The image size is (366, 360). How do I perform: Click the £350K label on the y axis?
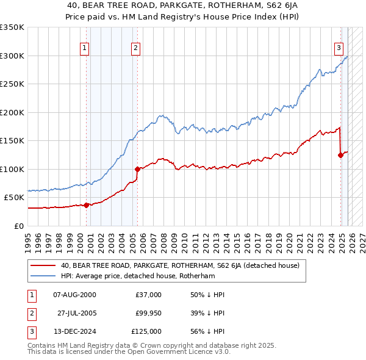pos(12,27)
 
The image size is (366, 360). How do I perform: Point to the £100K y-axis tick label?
pos(12,169)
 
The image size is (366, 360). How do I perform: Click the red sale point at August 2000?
pos(86,205)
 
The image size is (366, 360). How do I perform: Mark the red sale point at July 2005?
pos(138,169)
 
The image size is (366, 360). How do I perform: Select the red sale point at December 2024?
pos(341,155)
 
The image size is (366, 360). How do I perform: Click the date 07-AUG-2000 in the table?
pos(74,295)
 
